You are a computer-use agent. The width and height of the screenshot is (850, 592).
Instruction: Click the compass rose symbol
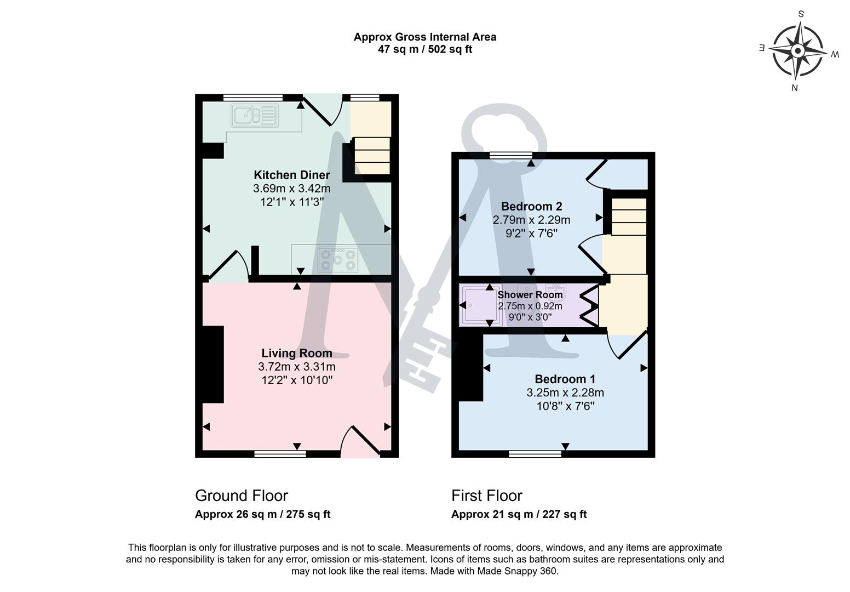[x=798, y=51]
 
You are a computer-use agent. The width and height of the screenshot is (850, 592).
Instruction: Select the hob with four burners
[x=338, y=259]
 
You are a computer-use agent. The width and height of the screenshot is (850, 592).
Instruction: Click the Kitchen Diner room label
[x=291, y=175]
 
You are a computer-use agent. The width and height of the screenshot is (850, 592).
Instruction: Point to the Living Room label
[x=296, y=353]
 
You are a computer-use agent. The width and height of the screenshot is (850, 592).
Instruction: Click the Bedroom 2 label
[x=531, y=207]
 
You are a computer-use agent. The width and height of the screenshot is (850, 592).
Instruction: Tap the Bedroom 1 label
[x=565, y=379]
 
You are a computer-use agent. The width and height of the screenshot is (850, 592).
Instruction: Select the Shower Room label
[x=530, y=295]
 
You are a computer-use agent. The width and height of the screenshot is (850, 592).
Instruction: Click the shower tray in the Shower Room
[x=479, y=305]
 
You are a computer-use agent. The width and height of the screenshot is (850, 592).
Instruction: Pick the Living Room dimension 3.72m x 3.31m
[x=296, y=367]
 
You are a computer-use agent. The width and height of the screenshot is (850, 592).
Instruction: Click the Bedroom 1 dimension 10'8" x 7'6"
[x=565, y=406]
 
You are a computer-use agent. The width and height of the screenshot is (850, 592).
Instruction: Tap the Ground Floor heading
[x=241, y=496]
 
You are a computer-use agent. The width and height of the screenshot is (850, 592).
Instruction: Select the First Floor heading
[x=486, y=496]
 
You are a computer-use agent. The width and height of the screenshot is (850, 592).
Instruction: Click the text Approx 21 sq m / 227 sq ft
[x=518, y=514]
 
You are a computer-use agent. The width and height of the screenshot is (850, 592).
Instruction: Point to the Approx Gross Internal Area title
[x=424, y=37]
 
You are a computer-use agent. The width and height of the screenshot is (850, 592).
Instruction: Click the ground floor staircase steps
[x=372, y=156]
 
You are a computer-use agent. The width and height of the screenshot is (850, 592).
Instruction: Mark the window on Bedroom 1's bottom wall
[x=535, y=453]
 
